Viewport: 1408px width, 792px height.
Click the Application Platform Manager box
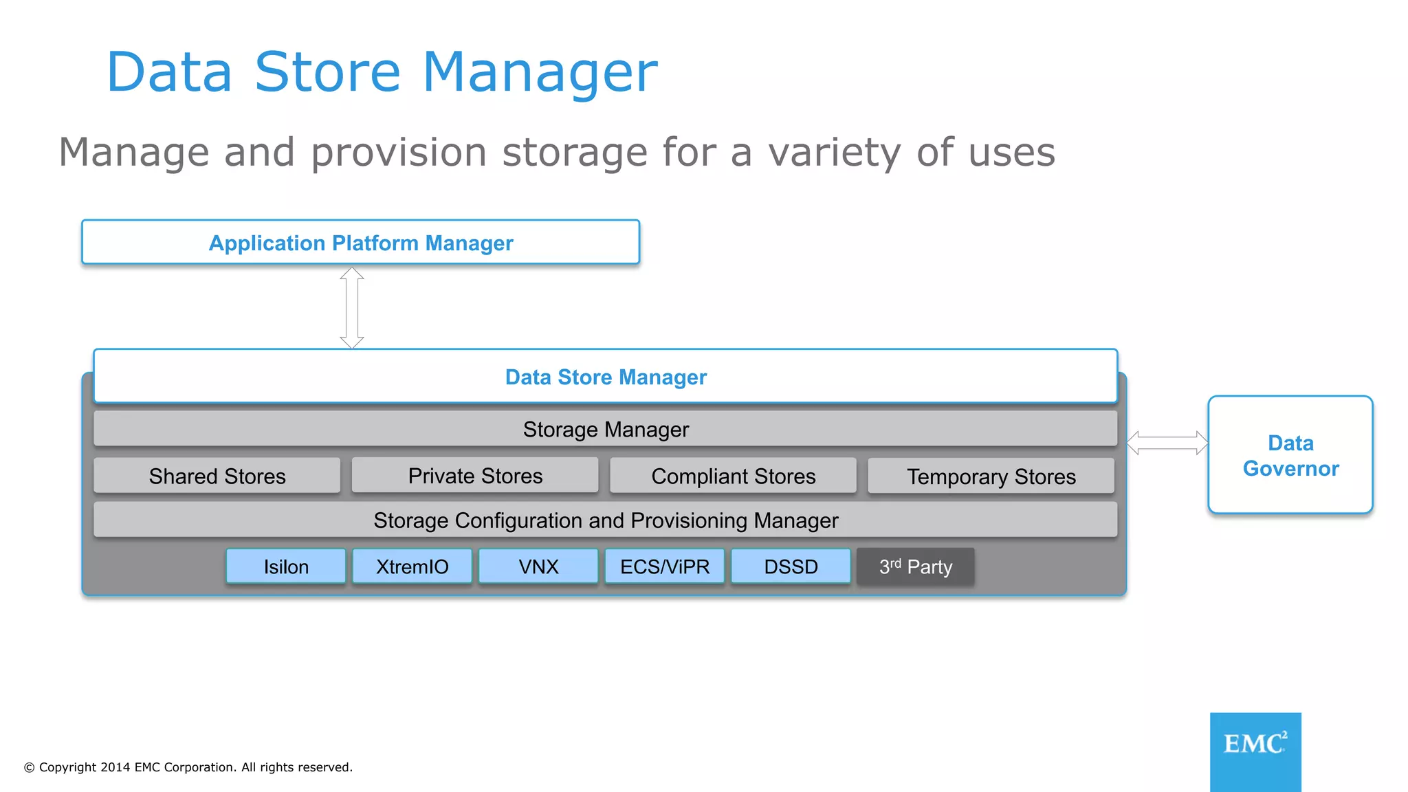coord(360,242)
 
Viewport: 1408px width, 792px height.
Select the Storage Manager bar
coord(605,429)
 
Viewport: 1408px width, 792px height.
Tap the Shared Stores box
coord(217,476)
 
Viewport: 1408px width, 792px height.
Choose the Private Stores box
coord(475,476)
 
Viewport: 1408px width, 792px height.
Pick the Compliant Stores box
coord(733,476)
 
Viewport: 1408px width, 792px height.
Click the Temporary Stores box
coord(991,476)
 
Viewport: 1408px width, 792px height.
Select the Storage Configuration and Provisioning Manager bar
coord(605,520)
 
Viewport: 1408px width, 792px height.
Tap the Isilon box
coord(286,566)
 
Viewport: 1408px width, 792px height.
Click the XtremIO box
coord(412,566)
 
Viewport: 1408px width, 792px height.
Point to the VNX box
coord(538,566)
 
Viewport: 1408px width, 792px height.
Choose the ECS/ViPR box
coord(664,566)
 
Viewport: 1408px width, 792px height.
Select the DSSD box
coord(791,566)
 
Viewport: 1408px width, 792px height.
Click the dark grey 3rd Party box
coord(916,566)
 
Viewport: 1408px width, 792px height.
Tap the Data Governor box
coord(1290,454)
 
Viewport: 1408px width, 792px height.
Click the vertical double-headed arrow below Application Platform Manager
coord(352,307)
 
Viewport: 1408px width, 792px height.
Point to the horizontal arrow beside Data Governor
coord(1167,443)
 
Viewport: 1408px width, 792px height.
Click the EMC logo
coord(1255,751)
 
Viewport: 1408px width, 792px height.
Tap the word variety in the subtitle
coord(834,153)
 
